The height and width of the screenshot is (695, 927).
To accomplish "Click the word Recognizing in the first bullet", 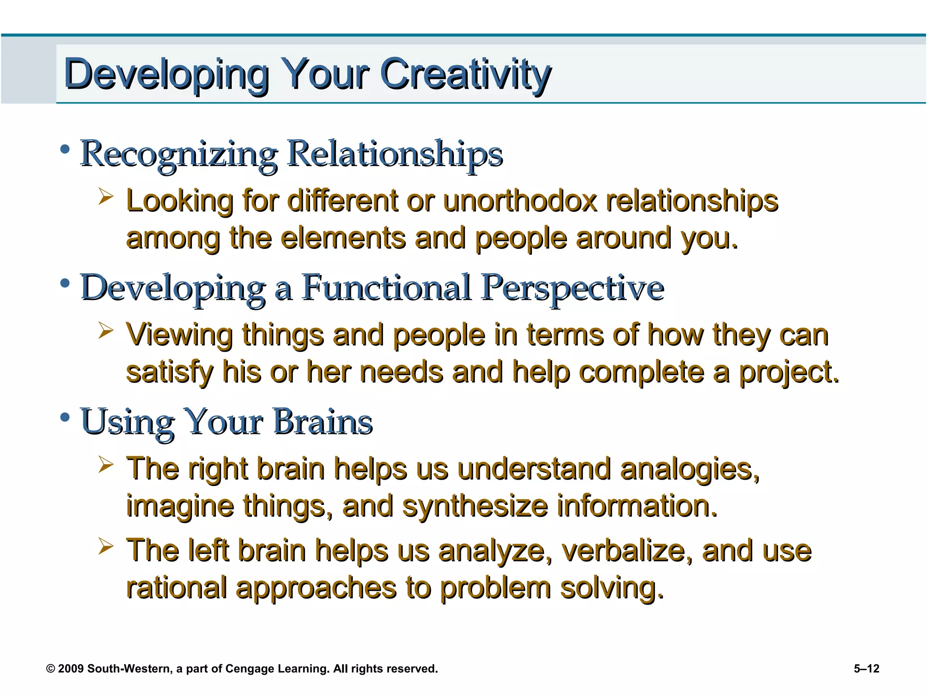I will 179,154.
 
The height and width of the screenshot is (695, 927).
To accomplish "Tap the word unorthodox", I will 520,201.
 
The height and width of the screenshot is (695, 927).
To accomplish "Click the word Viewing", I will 179,336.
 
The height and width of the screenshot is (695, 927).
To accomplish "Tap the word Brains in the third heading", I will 323,422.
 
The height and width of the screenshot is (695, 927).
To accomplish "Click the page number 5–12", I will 866,669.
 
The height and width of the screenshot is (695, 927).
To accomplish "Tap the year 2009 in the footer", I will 71,669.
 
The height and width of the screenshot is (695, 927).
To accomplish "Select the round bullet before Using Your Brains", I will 65,417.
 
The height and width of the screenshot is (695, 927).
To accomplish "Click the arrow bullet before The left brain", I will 105,547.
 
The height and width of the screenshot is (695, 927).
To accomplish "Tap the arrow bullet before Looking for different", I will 105,197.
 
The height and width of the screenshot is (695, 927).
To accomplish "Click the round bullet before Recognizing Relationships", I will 65,149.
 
